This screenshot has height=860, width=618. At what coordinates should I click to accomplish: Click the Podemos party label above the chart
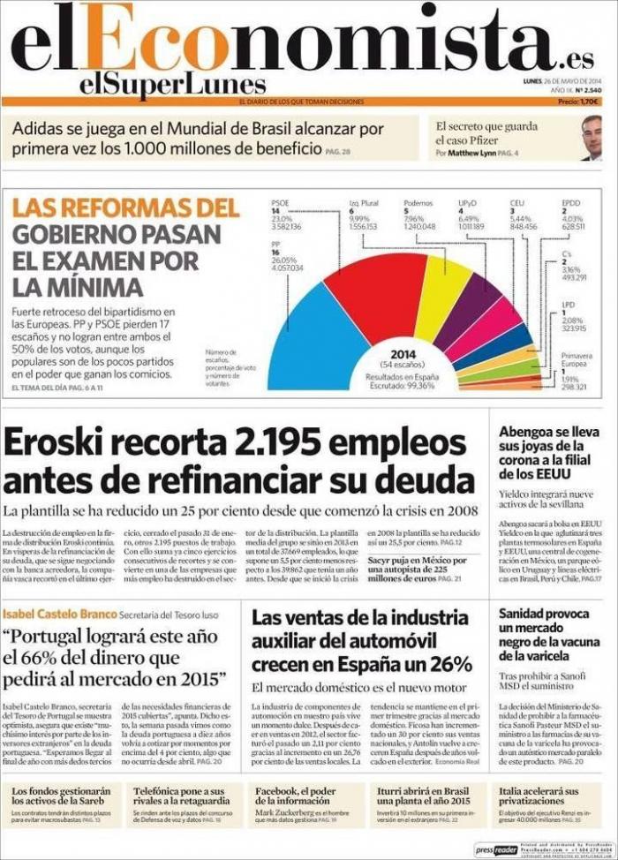pos(418,203)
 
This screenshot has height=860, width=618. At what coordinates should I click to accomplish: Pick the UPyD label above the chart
pos(468,203)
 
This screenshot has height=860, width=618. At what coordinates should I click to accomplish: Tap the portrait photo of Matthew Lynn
pos(591,138)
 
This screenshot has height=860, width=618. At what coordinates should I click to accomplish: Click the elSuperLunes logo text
pos(171,84)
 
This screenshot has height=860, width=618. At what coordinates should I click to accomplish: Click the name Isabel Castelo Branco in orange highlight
pos(59,615)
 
